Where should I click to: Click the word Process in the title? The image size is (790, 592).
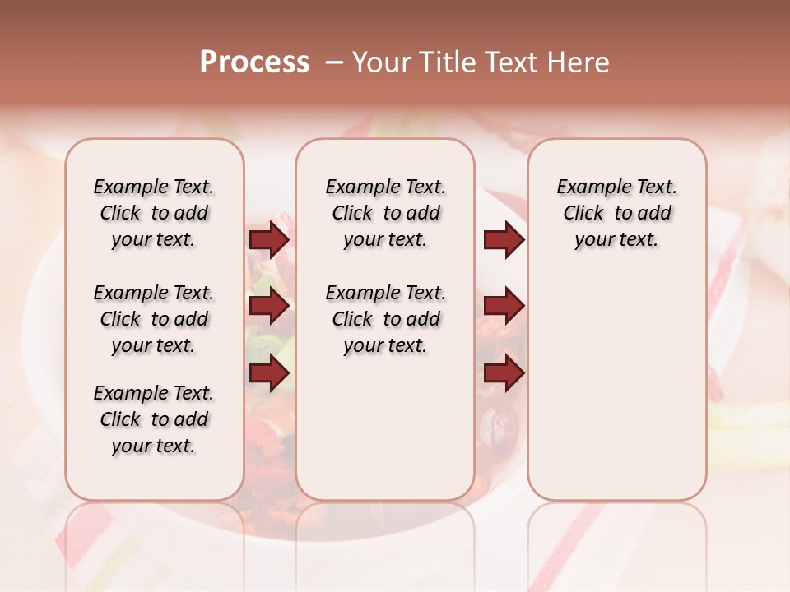pos(254,62)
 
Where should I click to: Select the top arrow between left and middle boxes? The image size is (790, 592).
pos(269,239)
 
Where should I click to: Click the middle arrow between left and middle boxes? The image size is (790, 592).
pos(269,307)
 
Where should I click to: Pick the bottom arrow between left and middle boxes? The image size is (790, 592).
pos(269,373)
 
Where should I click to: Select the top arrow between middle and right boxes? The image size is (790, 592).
pos(504,239)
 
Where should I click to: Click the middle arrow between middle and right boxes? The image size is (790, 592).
pos(504,307)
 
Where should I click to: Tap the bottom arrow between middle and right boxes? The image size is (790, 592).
pos(504,373)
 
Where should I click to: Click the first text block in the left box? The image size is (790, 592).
pos(154,213)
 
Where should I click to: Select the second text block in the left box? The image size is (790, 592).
pos(154,319)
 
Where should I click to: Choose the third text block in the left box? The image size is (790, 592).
pos(154,419)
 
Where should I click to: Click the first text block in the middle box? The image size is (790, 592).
pos(385,213)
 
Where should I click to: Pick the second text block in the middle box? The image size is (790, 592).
pos(385,319)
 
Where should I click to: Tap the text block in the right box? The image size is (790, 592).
pos(617,213)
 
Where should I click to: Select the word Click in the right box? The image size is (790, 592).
pos(583,214)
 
